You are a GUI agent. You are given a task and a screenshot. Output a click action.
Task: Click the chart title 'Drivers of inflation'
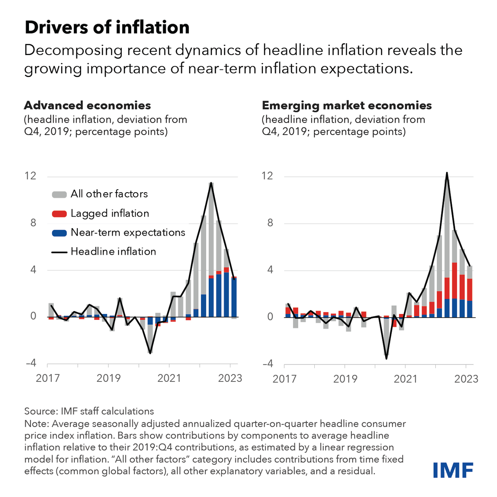107,28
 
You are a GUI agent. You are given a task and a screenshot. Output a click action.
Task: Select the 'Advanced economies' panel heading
87,105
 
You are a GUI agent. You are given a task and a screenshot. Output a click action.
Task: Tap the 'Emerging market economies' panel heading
347,105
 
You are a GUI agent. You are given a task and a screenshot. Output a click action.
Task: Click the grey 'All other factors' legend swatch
59,194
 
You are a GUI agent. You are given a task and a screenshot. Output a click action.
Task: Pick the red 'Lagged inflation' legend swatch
59,214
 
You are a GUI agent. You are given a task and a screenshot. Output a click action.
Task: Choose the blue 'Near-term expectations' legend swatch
59,233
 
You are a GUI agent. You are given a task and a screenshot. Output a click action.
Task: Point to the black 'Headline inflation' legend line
59,252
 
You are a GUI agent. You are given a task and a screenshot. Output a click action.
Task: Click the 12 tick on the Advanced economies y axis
30,176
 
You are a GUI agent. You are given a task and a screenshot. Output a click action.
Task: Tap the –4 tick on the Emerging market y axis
268,363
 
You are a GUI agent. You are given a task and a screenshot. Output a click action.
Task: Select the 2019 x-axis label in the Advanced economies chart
109,378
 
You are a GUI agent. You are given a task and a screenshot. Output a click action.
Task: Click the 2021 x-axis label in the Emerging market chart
405,379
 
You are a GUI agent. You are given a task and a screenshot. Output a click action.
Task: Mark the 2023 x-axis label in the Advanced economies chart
230,378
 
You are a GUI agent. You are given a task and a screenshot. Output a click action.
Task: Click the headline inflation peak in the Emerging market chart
447,173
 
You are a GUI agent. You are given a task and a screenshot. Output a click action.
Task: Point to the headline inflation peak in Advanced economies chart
211,183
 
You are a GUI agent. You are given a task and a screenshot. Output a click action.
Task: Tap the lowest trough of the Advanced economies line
150,353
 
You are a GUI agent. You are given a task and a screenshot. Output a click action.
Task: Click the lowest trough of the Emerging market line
386,359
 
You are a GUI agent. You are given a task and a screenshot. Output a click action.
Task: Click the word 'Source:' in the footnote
41,411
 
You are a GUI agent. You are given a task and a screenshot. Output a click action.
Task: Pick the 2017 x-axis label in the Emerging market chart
285,379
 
